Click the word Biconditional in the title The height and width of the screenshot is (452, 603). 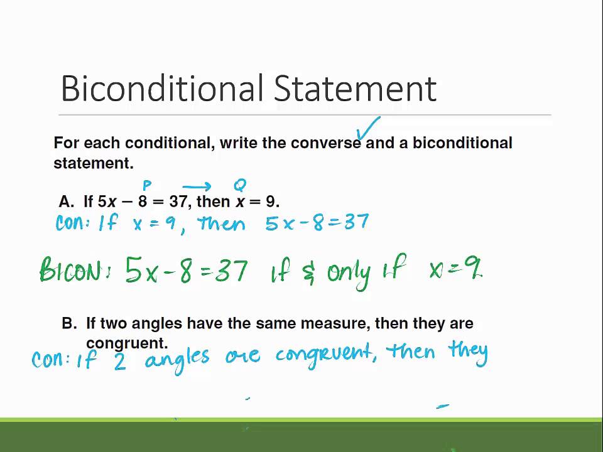pos(162,88)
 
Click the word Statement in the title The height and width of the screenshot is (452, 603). pos(355,88)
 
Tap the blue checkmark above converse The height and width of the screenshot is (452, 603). pos(368,128)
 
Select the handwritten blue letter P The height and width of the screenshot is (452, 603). pos(147,186)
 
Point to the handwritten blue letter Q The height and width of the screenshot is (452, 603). pos(240,185)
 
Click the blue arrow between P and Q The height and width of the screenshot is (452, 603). pos(197,187)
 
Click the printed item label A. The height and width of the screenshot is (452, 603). pos(66,202)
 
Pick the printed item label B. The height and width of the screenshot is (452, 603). pos(70,323)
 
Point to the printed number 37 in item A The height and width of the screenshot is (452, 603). pos(178,201)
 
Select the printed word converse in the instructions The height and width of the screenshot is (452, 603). pos(326,143)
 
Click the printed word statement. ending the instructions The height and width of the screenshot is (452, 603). pos(94,163)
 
